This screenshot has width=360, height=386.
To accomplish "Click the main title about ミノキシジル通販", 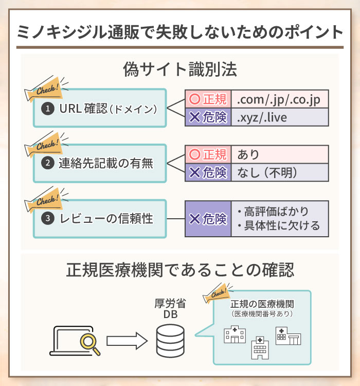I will [179, 32].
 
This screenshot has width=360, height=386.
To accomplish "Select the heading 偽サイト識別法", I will [179, 70].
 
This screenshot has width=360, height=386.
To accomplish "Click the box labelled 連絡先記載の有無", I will [100, 163].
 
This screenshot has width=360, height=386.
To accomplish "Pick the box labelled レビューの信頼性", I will [100, 219].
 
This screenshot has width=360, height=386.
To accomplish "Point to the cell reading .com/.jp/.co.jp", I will [279, 98].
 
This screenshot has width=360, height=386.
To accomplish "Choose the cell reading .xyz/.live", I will [279, 118].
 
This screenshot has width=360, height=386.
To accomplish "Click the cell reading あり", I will [279, 154].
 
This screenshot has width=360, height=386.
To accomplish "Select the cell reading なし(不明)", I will [279, 173].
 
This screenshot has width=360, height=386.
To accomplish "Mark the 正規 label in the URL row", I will [208, 98].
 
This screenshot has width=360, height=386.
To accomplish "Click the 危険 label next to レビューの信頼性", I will [208, 219].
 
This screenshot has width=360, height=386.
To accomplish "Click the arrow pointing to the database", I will [127, 340].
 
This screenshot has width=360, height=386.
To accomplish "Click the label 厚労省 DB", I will [170, 309].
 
